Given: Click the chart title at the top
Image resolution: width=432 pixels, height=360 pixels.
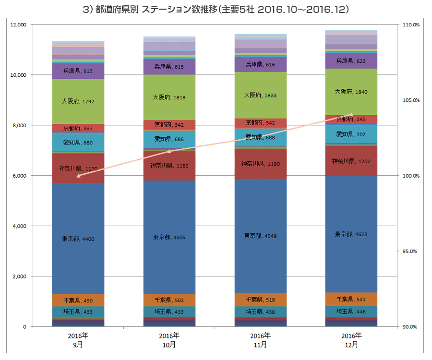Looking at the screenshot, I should point(216,9).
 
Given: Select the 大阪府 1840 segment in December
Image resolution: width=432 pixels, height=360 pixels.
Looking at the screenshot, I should point(351,91).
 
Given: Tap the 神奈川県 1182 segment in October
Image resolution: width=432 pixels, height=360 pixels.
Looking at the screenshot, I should point(169,166).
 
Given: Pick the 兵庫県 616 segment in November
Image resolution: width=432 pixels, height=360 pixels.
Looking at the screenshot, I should point(260,64).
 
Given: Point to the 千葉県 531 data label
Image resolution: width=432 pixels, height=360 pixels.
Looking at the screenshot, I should point(351,299).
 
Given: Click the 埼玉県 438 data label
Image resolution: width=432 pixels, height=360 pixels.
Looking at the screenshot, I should point(260,312).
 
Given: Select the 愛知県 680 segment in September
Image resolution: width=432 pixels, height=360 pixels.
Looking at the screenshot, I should point(78,143).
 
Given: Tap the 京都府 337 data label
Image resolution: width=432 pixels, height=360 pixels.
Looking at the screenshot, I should point(78,128).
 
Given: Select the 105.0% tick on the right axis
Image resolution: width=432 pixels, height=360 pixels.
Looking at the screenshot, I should point(411,100).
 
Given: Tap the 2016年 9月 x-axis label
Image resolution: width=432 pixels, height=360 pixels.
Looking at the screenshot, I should point(78,339).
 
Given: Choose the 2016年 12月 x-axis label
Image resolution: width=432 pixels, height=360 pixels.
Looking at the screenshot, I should point(351,339).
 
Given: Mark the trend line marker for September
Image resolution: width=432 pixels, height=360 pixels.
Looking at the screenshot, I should point(78,176).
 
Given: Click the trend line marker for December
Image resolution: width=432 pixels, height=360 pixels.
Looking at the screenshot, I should point(351,115).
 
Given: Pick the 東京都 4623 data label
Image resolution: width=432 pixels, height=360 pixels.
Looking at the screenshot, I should point(351,234).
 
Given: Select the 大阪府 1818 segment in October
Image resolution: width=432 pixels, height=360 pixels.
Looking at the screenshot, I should point(169,97).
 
